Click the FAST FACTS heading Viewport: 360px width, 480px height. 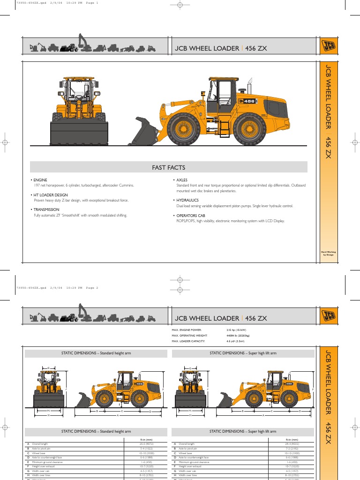click(x=168, y=167)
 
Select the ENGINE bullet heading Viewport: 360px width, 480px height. click(x=40, y=180)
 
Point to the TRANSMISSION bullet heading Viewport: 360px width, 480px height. click(x=46, y=210)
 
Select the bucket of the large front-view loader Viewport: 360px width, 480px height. click(x=79, y=134)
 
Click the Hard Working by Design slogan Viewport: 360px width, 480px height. click(x=328, y=253)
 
